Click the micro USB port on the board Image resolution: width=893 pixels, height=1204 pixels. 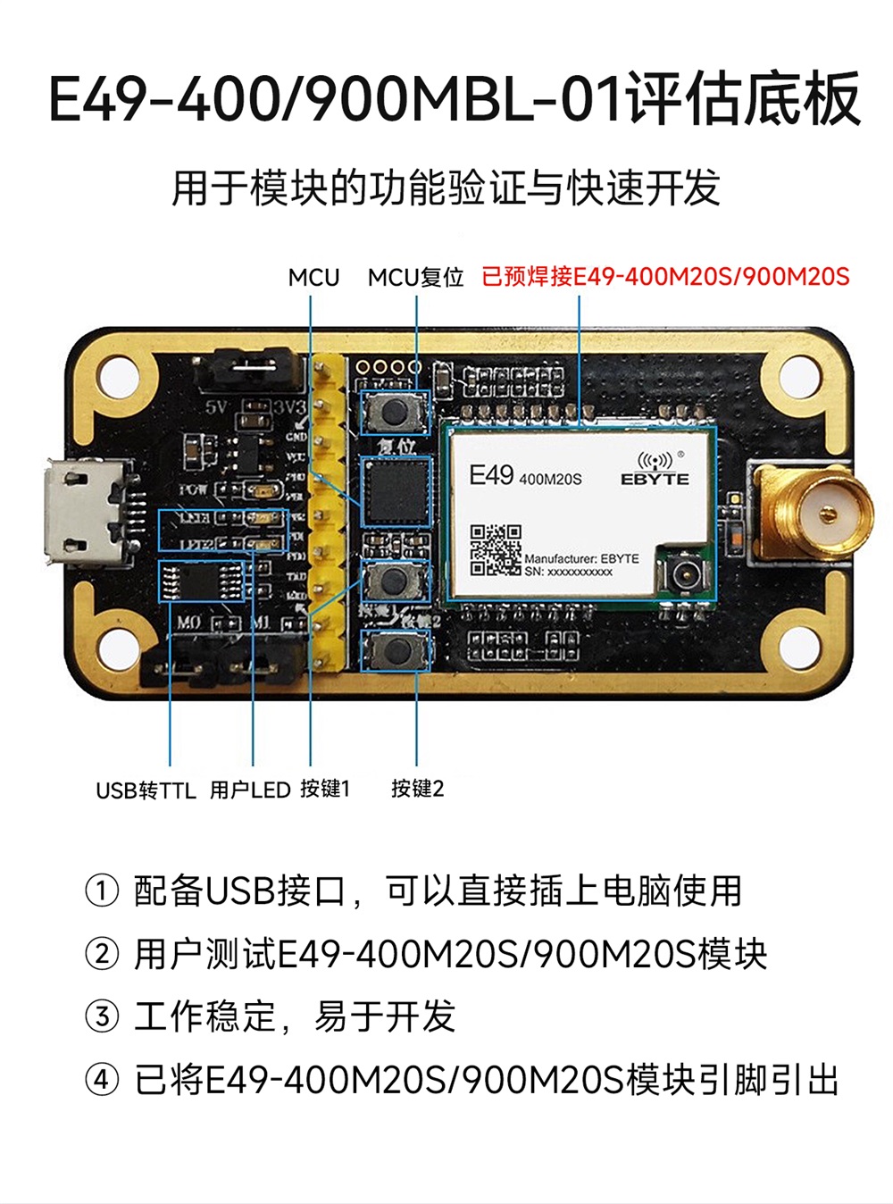click(x=85, y=513)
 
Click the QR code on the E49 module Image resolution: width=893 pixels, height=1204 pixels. click(x=496, y=549)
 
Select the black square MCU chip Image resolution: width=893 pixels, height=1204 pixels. click(x=396, y=491)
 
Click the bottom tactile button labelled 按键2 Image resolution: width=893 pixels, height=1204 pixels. click(x=395, y=649)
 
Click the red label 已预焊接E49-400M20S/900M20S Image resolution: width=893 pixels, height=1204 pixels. click(x=665, y=277)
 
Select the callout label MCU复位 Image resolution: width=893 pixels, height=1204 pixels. click(x=415, y=278)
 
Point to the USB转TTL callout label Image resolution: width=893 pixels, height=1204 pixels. click(x=146, y=790)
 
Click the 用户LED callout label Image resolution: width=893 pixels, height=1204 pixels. click(x=250, y=790)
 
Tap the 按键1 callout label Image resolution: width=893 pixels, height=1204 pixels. click(x=325, y=789)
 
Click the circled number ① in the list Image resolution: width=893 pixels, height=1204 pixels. click(x=102, y=890)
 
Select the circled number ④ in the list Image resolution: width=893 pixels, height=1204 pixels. click(x=102, y=1080)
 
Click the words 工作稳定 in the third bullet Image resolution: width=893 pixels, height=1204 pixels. click(x=205, y=1016)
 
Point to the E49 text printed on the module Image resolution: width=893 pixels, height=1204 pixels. click(x=491, y=475)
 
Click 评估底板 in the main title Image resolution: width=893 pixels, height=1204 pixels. click(x=743, y=98)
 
